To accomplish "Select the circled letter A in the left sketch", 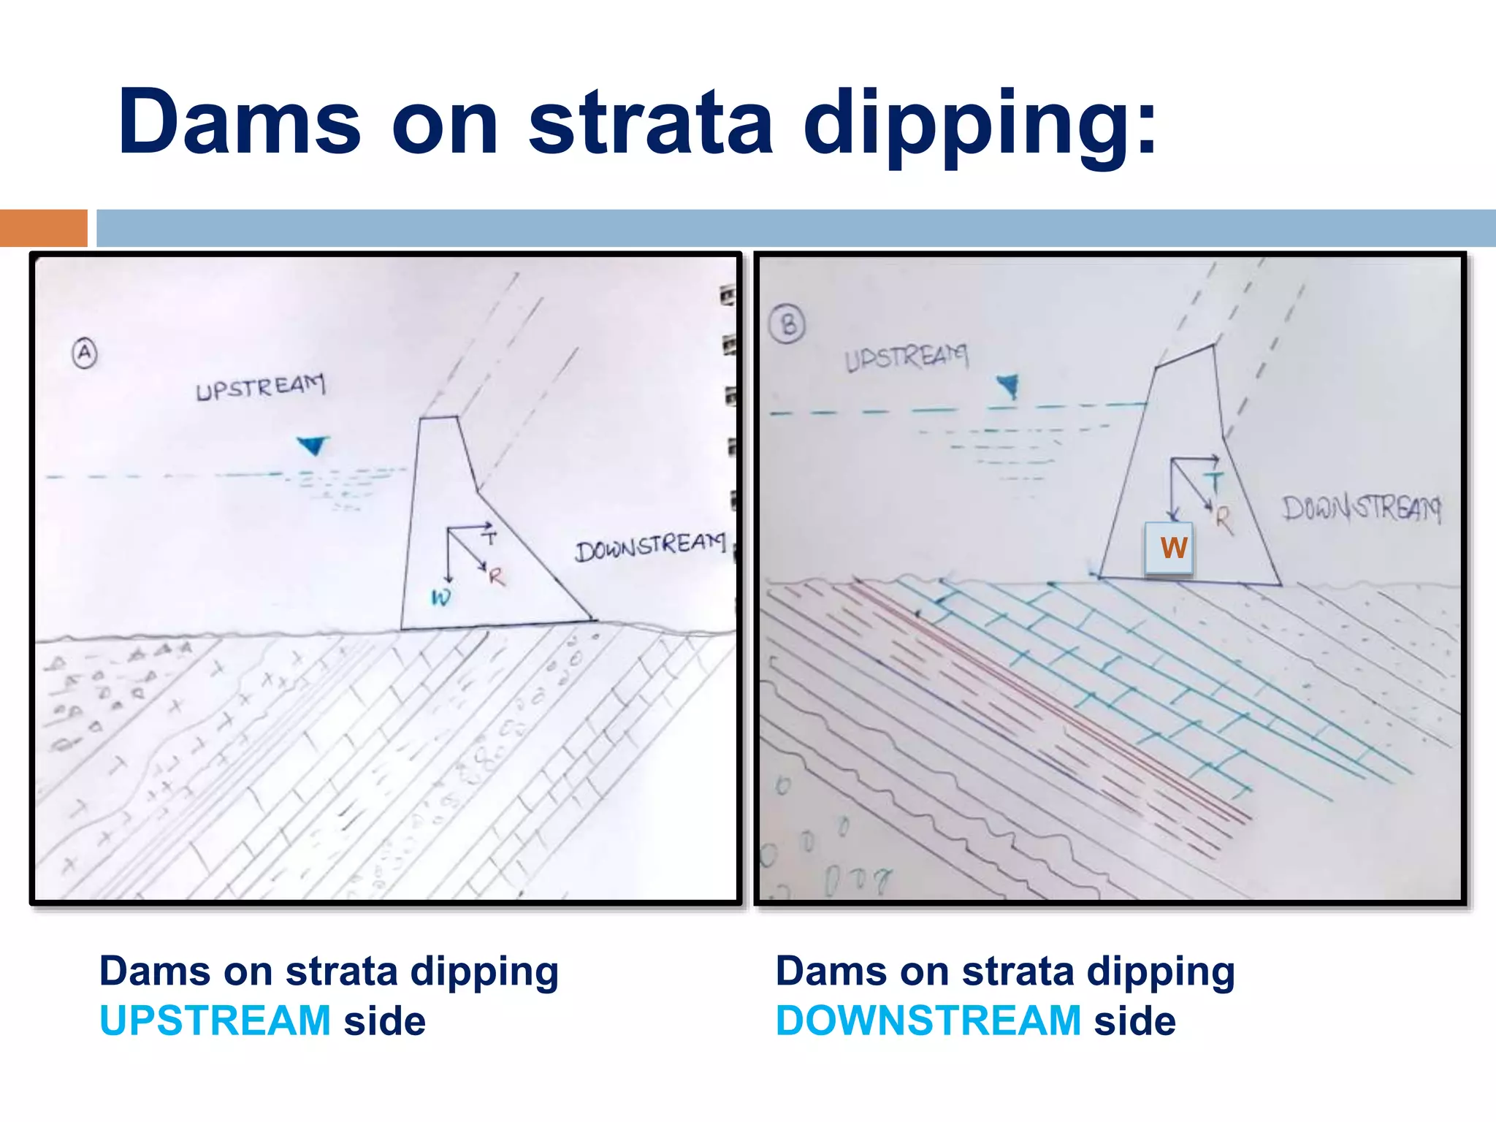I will pyautogui.click(x=85, y=354).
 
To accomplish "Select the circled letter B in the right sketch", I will pyautogui.click(x=788, y=324).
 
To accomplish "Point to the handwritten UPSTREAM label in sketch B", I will pyautogui.click(x=906, y=357).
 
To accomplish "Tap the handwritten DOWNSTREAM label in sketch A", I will pyautogui.click(x=650, y=546).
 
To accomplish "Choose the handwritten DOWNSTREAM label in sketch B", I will pyautogui.click(x=1362, y=508).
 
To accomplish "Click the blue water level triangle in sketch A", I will pyautogui.click(x=313, y=445).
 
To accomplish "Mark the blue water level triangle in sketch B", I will pyautogui.click(x=1009, y=385).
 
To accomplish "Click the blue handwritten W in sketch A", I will pyautogui.click(x=440, y=598).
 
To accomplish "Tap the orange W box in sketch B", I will pyautogui.click(x=1169, y=548).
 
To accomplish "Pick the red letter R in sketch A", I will pyautogui.click(x=497, y=577).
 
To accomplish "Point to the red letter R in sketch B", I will pyautogui.click(x=1224, y=519).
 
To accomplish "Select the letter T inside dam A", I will pyautogui.click(x=489, y=538).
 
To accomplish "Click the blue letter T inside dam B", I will pyautogui.click(x=1213, y=482).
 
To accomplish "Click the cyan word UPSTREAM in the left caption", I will pyautogui.click(x=215, y=1020).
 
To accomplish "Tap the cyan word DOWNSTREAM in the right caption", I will pyautogui.click(x=928, y=1020).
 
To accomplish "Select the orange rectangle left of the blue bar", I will pyautogui.click(x=43, y=228).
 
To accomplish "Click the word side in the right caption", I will pyautogui.click(x=1134, y=1020).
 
